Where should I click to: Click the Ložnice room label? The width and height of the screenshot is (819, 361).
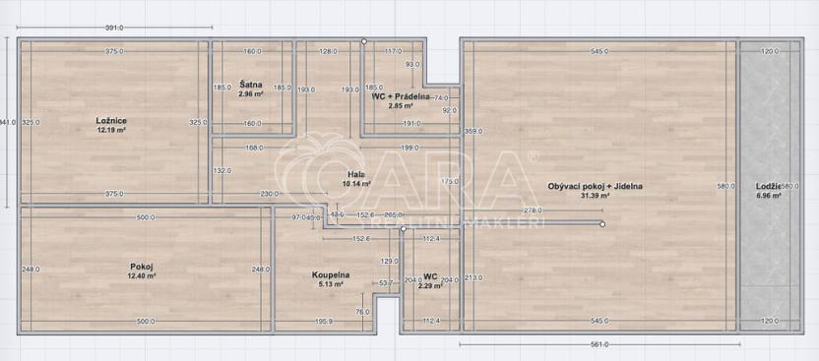click(111, 120)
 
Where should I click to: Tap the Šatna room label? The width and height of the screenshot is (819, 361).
click(250, 86)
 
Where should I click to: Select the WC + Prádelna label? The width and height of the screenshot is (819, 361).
click(400, 96)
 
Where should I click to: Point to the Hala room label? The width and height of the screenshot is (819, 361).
click(356, 174)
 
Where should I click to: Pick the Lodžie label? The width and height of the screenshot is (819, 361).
click(768, 186)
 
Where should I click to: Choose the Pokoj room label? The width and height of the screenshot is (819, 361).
click(142, 266)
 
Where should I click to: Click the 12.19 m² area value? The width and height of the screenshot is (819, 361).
click(111, 129)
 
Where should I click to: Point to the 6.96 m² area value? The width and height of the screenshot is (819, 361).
click(768, 195)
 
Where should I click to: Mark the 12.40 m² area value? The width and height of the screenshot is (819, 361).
click(142, 275)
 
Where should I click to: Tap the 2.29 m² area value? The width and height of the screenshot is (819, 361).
click(430, 285)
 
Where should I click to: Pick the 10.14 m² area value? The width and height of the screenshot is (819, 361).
click(355, 183)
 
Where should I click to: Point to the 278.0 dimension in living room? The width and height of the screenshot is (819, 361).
click(534, 210)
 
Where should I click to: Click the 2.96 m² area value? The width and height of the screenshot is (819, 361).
click(250, 94)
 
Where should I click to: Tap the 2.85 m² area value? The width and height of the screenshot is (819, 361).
click(399, 105)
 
